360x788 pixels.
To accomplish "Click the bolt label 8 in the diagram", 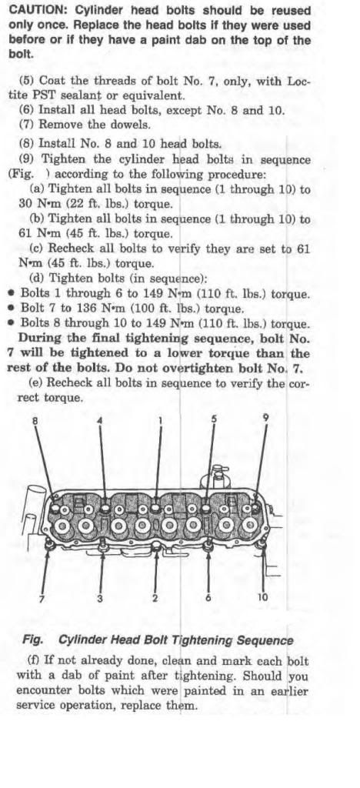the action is click(x=35, y=421).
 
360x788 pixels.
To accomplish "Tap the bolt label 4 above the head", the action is click(x=99, y=421).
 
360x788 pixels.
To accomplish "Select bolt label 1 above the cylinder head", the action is click(x=161, y=421).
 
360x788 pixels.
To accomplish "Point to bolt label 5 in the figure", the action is click(x=214, y=419).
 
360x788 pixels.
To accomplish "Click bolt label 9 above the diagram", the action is click(x=265, y=418).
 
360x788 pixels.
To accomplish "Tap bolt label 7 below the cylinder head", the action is click(x=42, y=598).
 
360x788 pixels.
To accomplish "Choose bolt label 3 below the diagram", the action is click(x=100, y=598).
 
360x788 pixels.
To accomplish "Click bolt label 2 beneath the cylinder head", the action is click(x=155, y=597).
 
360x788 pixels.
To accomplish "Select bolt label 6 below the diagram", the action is click(x=208, y=597).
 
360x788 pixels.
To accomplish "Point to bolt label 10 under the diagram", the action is click(x=262, y=597).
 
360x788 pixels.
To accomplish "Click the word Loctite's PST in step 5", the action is click(x=57, y=95).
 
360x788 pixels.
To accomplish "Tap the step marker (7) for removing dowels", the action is click(x=27, y=125).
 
